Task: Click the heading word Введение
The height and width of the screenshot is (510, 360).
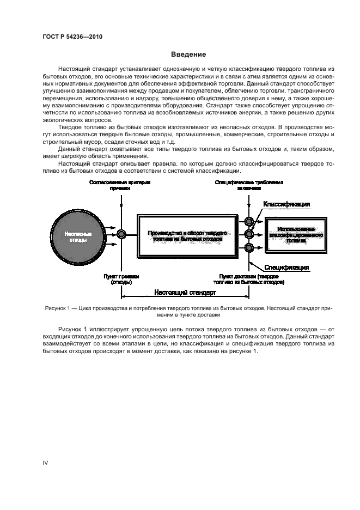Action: click(x=188, y=54)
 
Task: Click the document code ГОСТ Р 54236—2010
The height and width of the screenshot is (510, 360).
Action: click(x=72, y=37)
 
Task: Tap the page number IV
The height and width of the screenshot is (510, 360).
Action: click(x=46, y=463)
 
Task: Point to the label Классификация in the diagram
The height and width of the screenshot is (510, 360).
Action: click(x=286, y=204)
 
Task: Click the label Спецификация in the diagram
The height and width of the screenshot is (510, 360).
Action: click(x=287, y=268)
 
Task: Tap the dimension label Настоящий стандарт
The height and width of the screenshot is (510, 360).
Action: click(x=185, y=292)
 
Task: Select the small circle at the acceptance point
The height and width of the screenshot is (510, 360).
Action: click(x=121, y=234)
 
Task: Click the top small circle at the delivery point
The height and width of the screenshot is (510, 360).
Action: click(x=249, y=222)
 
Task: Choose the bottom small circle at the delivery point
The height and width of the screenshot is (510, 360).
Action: click(x=249, y=248)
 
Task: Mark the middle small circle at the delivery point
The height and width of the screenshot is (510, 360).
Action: click(x=249, y=235)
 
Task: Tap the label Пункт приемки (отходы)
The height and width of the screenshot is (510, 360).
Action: click(x=121, y=280)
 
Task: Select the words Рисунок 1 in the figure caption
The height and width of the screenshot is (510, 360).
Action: click(x=58, y=308)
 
